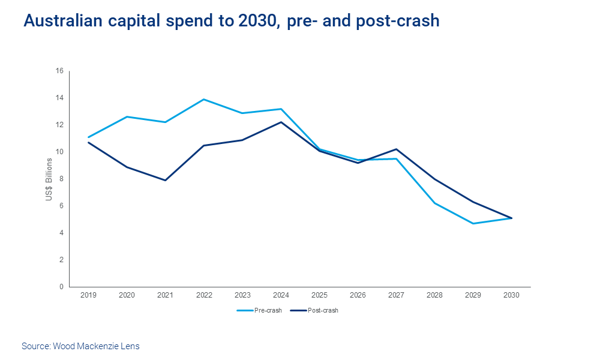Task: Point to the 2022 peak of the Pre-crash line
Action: point(204,100)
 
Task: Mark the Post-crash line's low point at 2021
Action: point(166,180)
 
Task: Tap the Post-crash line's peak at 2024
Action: point(281,122)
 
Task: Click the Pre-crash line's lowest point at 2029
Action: point(473,223)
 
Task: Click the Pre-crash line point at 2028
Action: point(435,203)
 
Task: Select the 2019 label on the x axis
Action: point(89,295)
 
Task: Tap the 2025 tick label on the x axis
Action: point(320,295)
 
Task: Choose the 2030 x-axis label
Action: point(512,295)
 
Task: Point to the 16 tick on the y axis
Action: point(59,71)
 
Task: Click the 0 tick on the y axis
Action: point(61,287)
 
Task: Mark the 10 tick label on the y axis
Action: point(59,152)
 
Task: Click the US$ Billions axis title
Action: point(49,179)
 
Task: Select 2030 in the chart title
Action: point(257,21)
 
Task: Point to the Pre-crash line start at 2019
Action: point(89,137)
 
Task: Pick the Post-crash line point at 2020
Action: point(127,167)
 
